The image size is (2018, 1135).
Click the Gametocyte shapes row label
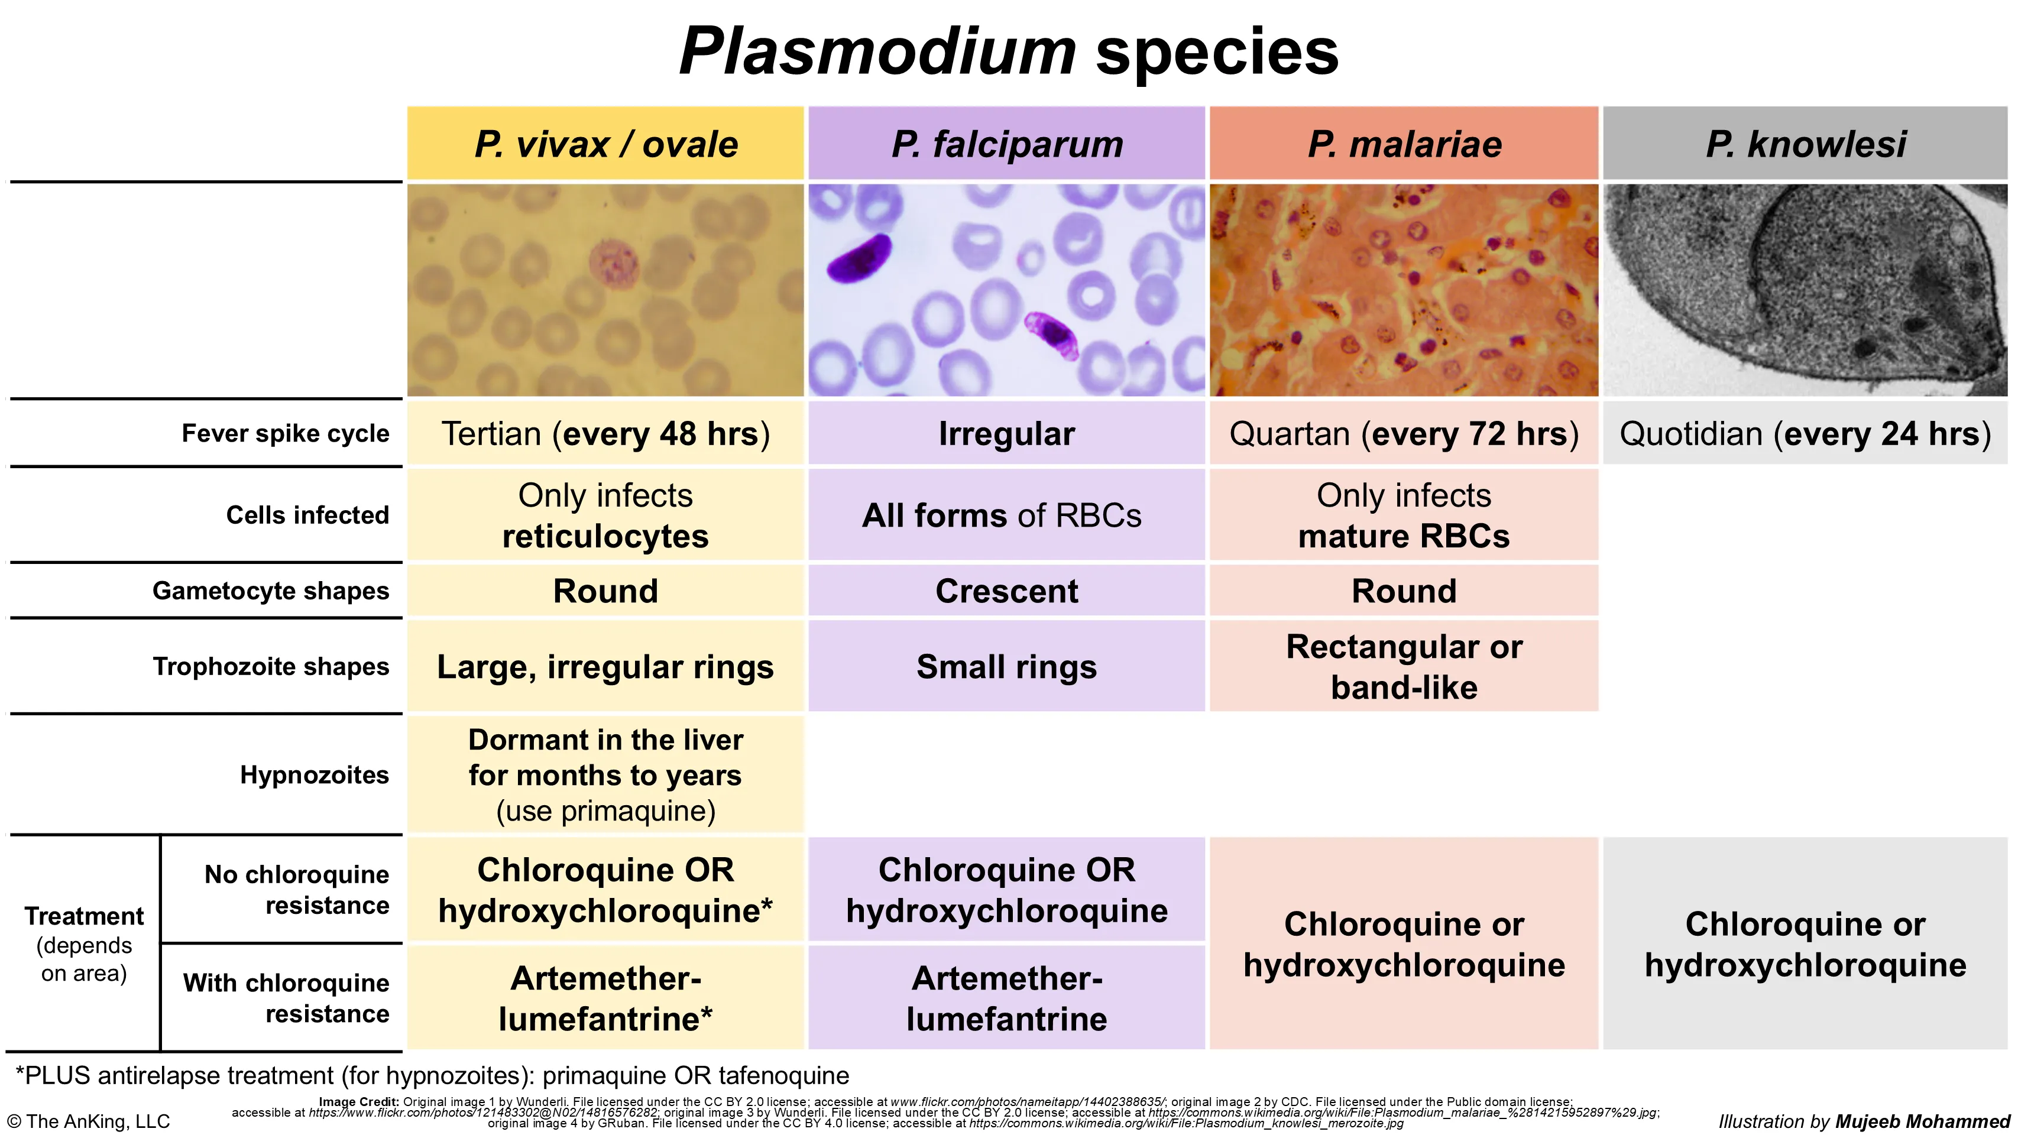click(x=270, y=591)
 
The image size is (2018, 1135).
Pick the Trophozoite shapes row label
click(x=270, y=667)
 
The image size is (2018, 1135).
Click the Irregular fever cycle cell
click(x=1007, y=434)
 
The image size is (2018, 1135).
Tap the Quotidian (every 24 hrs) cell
click(x=1805, y=434)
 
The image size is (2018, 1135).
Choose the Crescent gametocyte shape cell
click(x=1007, y=591)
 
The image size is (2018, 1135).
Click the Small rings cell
click(x=1007, y=667)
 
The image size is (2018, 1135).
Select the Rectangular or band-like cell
click(x=1404, y=667)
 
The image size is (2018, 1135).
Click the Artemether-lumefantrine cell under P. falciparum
click(x=1007, y=998)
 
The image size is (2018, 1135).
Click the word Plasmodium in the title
click(x=878, y=51)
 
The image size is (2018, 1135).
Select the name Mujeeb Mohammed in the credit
click(x=1923, y=1121)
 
